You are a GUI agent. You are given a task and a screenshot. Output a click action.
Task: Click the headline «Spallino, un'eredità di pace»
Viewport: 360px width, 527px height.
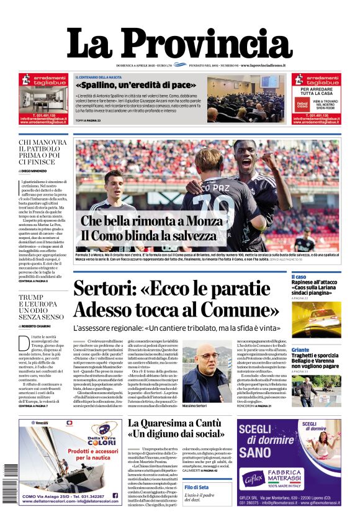tap(135, 85)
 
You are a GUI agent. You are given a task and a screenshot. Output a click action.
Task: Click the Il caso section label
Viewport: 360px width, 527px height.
tap(299, 277)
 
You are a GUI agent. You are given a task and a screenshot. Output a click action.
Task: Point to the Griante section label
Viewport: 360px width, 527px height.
tap(300, 350)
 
